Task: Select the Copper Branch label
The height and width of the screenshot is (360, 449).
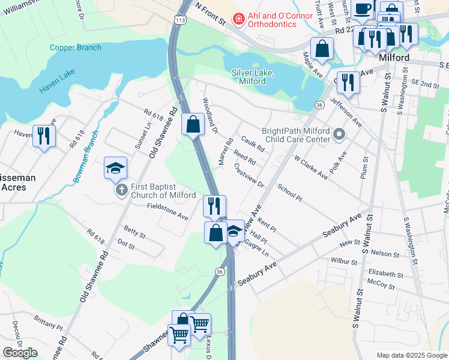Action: [75, 47]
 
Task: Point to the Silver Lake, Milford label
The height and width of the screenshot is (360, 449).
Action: [252, 77]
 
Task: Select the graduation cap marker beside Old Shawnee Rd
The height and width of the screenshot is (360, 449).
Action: [115, 169]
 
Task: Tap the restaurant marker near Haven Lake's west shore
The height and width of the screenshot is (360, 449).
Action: [44, 136]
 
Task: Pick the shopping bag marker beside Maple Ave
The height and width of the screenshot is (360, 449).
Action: [322, 49]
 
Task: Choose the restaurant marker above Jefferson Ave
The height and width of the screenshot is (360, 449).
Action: [348, 82]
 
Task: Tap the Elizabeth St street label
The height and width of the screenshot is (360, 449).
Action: [386, 274]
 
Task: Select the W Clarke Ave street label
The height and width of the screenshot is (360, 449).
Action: [310, 167]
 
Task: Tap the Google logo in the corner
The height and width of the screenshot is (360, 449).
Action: [20, 353]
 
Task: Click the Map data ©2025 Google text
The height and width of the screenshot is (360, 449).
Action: [411, 355]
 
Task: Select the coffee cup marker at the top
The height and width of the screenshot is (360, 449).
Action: [363, 8]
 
